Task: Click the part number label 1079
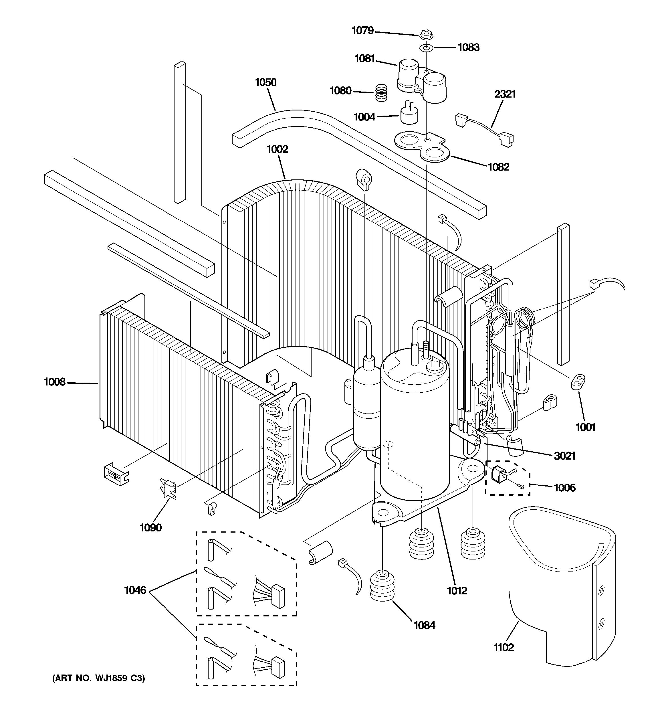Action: tap(362, 31)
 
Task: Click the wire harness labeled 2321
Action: tap(484, 130)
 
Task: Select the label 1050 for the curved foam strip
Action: tap(265, 82)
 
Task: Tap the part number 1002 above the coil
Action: tap(277, 149)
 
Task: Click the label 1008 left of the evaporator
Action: tap(55, 382)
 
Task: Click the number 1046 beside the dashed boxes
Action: tap(135, 590)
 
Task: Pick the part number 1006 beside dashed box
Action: tap(564, 488)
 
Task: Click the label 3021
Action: tap(564, 456)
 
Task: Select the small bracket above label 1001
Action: tap(578, 382)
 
